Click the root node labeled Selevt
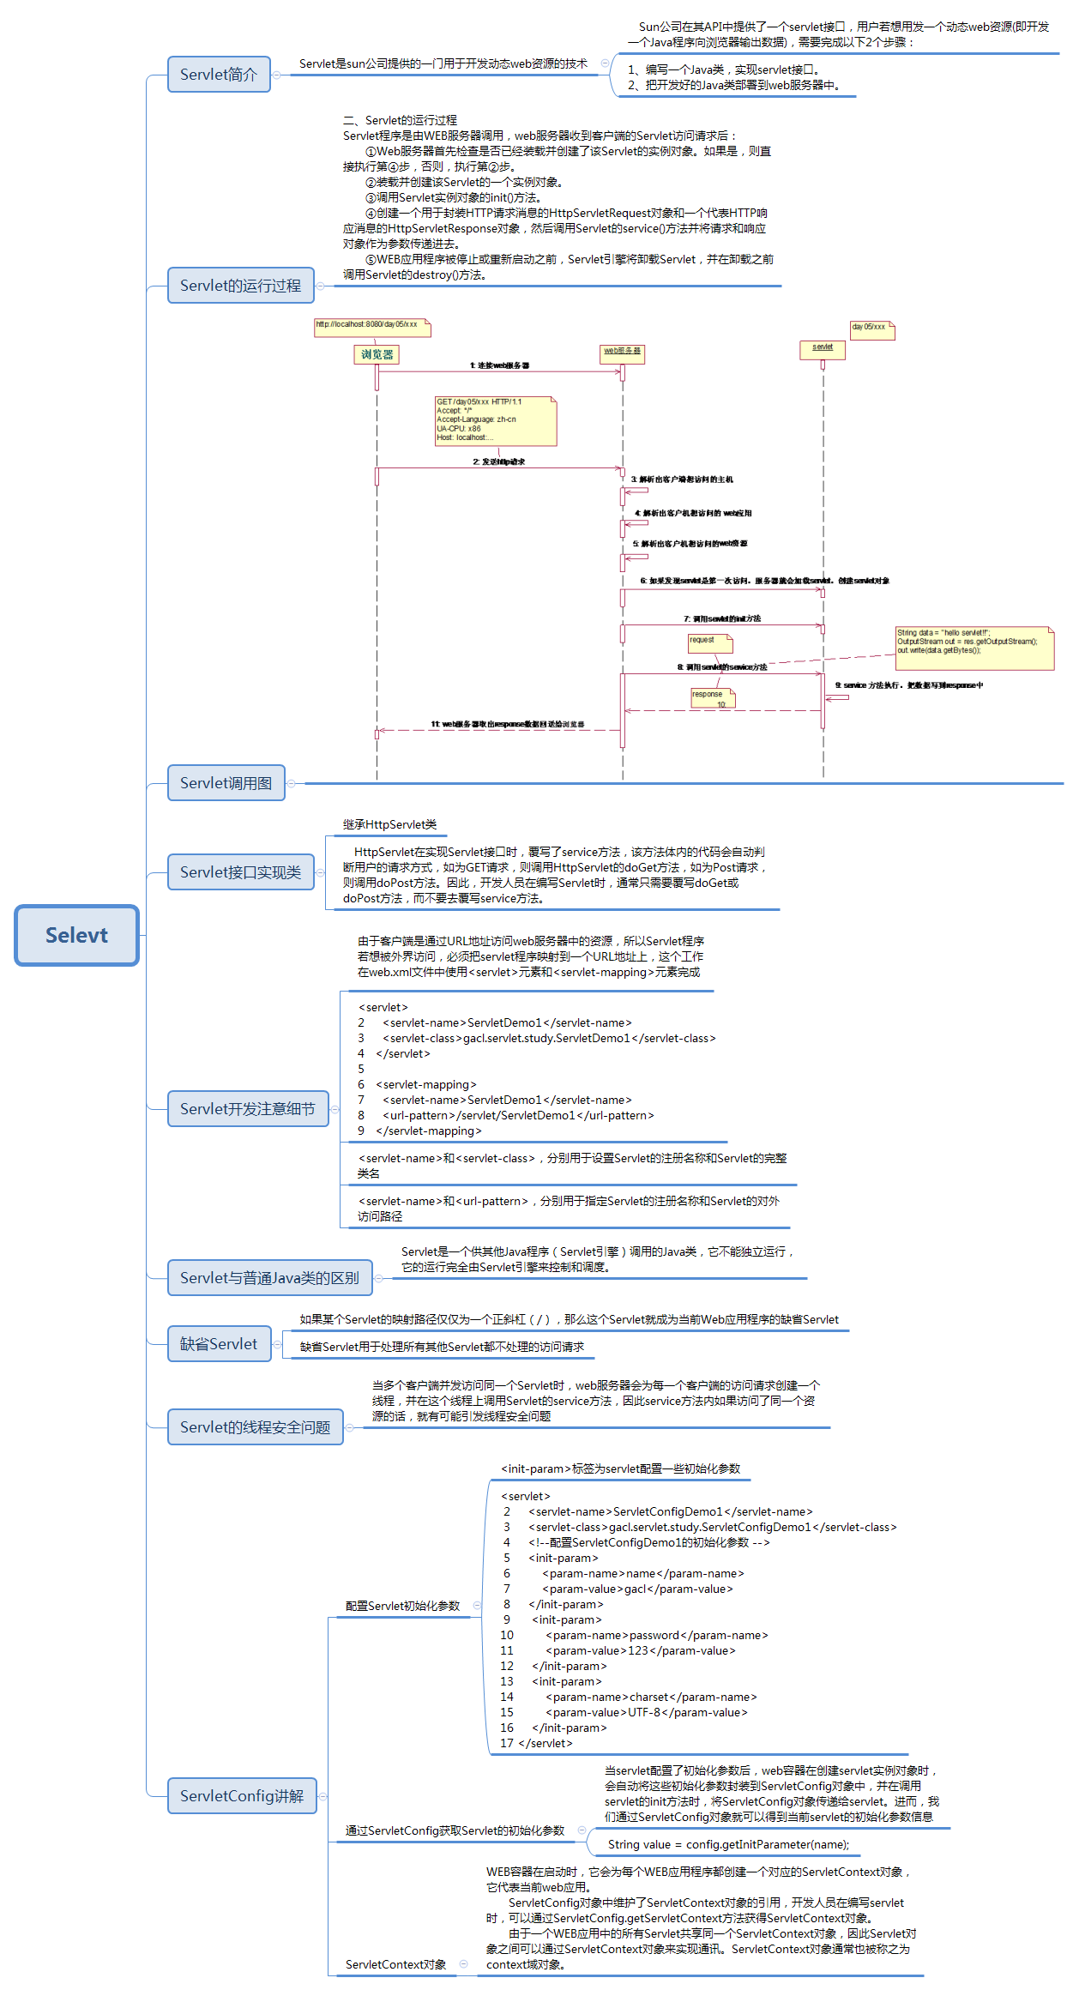click(76, 935)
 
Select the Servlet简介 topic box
click(219, 75)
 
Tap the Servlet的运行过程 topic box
click(240, 286)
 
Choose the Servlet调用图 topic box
click(226, 783)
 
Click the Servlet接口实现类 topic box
click(240, 872)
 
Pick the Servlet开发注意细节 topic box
click(247, 1109)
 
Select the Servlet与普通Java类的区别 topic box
click(269, 1278)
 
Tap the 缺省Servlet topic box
click(219, 1344)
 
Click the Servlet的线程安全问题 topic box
click(255, 1427)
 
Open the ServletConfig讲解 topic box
click(242, 1796)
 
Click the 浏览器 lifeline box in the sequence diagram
click(377, 354)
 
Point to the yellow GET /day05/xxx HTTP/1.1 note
click(496, 420)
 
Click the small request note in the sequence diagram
click(710, 642)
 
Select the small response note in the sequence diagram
click(713, 698)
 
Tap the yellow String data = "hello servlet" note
click(974, 648)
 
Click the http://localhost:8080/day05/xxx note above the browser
click(372, 327)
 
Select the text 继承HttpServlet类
click(390, 824)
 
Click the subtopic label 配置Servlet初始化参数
click(402, 1606)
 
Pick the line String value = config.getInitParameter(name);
click(728, 1844)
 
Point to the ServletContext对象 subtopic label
click(395, 1964)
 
